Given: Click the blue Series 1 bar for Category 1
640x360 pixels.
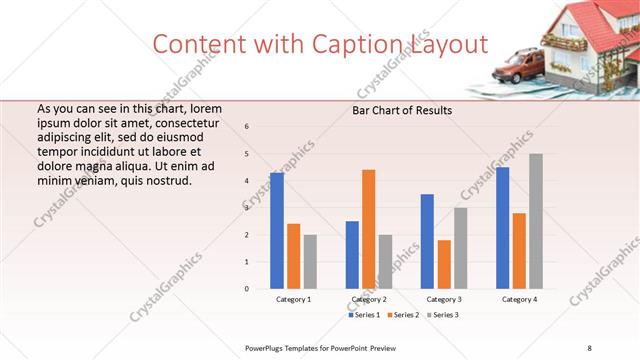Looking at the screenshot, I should coord(277,231).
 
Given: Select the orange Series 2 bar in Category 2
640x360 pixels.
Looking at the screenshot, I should coord(369,229).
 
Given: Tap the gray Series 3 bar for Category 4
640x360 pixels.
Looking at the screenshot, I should coord(536,221).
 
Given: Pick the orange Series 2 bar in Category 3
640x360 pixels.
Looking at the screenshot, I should coord(444,264).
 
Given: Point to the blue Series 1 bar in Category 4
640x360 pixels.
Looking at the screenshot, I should coord(502,228).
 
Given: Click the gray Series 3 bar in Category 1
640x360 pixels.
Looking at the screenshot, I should coord(310,262).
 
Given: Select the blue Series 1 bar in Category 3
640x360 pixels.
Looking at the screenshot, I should coord(427,241).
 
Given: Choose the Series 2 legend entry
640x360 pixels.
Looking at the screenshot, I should coord(403,315).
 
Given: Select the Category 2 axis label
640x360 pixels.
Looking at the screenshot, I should coord(368,299).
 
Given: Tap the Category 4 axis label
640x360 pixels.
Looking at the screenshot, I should coord(519,299).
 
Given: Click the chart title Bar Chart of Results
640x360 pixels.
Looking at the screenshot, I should coord(402,110).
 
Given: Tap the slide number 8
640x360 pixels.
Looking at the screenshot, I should coord(589,347).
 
